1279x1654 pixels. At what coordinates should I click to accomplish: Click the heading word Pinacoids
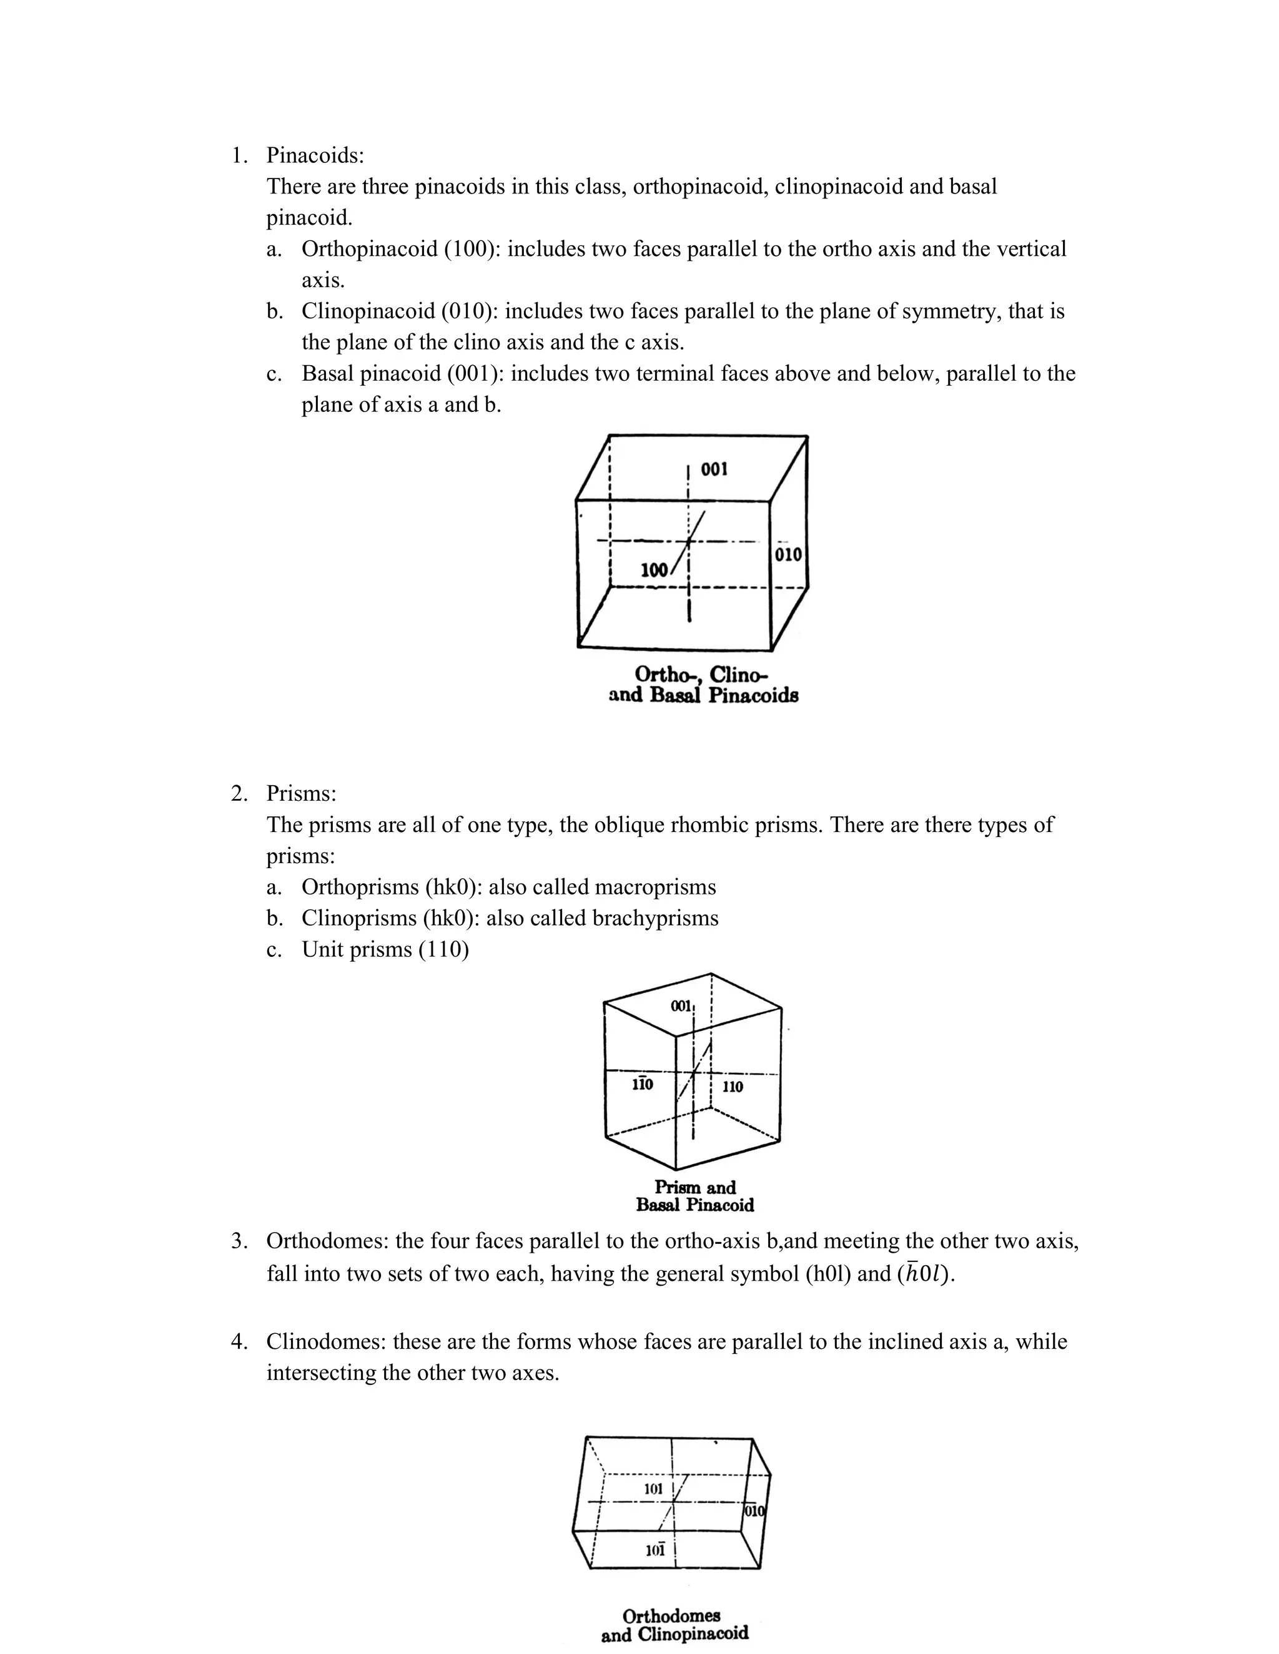pos(315,155)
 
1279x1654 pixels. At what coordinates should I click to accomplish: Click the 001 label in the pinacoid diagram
pos(714,469)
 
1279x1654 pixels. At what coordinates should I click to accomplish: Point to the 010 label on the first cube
pos(788,554)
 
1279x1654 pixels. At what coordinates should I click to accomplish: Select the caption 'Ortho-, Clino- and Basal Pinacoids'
pos(703,685)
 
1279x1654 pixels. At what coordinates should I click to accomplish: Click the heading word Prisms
pos(301,794)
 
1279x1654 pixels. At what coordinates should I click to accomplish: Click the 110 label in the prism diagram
pos(732,1087)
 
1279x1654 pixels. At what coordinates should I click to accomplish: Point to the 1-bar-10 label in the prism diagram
pos(642,1085)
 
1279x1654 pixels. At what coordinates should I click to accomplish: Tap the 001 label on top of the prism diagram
pos(681,1006)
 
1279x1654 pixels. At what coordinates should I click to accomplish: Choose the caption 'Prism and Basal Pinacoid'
pos(695,1196)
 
